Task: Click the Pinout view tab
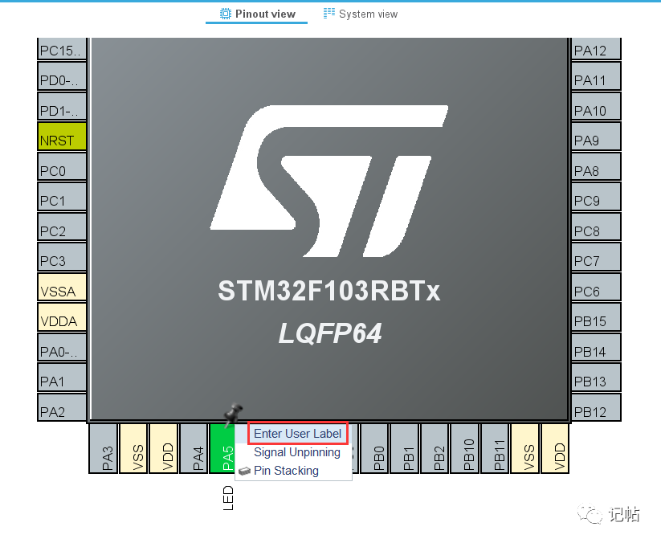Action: (x=257, y=14)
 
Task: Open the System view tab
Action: (x=361, y=14)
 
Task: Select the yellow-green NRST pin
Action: (x=62, y=137)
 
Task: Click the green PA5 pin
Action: (x=222, y=448)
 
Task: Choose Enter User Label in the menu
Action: (x=297, y=434)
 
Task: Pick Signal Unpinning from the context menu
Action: (x=297, y=452)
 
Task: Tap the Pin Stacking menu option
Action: (x=286, y=471)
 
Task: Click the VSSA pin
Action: (x=62, y=287)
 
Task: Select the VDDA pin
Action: (x=62, y=317)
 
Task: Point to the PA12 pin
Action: (x=596, y=48)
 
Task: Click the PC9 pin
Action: (x=596, y=197)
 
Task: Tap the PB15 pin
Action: (x=596, y=317)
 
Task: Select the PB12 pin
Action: (x=596, y=407)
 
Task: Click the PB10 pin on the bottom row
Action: (x=465, y=448)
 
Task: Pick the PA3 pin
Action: (x=104, y=448)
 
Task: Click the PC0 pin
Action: (x=62, y=166)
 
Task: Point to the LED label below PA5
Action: (x=228, y=498)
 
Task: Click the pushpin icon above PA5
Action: (x=232, y=414)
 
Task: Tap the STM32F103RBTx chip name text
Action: (x=328, y=291)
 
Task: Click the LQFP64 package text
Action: (x=330, y=333)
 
